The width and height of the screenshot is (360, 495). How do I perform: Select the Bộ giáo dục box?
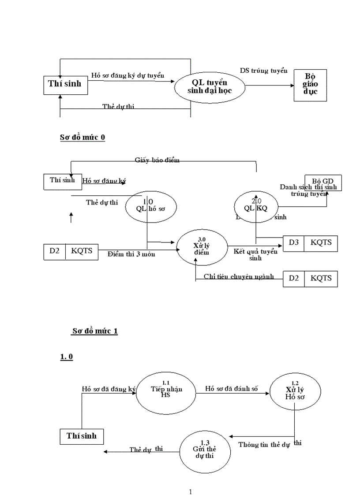[310, 85]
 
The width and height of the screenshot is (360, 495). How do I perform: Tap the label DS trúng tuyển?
[263, 70]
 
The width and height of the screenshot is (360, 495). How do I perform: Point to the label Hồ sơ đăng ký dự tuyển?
[127, 75]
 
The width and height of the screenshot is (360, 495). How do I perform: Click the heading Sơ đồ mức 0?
[82, 138]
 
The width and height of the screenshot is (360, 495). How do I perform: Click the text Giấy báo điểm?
[157, 160]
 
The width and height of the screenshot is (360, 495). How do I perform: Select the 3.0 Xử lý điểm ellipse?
[202, 249]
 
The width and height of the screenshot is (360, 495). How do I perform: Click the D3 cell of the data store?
[294, 242]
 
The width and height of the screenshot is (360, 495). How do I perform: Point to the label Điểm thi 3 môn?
[131, 254]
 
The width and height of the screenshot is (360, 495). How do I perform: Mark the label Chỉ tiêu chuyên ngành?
[238, 276]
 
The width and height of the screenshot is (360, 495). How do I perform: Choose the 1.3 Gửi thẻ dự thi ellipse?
[205, 451]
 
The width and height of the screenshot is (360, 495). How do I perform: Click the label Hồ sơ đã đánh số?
[232, 388]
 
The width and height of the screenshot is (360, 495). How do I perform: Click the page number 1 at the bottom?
[190, 491]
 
